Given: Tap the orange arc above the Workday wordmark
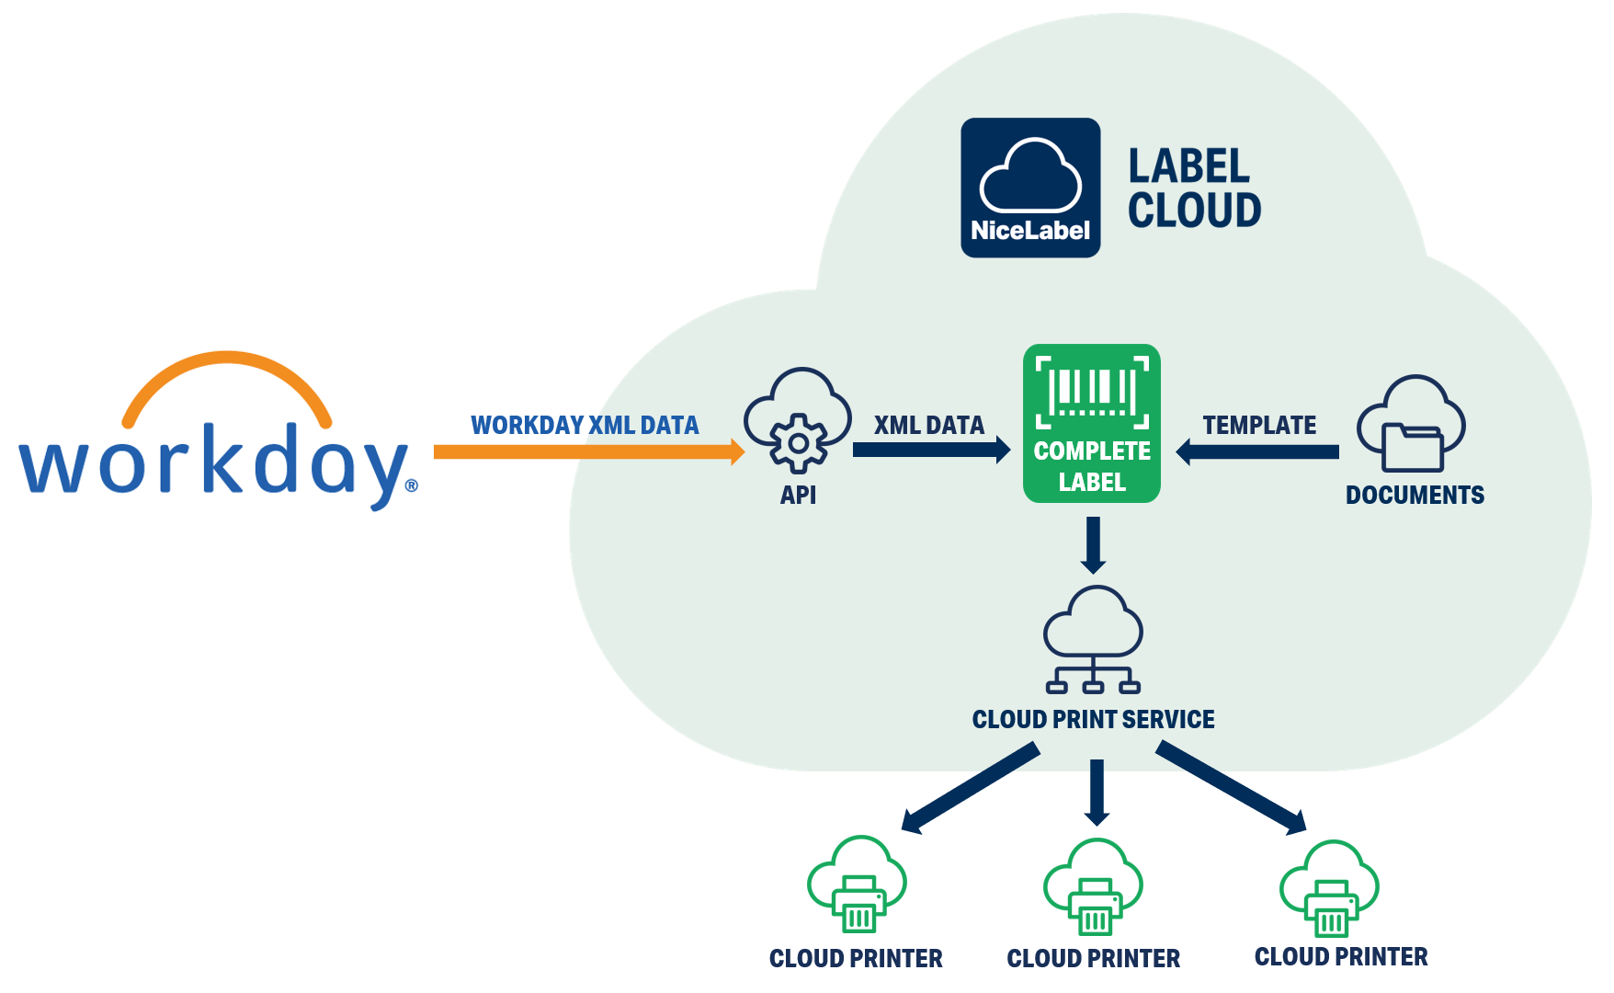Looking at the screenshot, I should pos(226,368).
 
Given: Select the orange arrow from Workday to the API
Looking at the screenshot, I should pos(588,451).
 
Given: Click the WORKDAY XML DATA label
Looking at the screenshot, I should pos(585,425).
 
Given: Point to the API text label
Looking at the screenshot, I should pos(798,496).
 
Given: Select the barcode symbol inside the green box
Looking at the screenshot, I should pos(1092,392).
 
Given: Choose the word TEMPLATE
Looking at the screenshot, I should pos(1259,425).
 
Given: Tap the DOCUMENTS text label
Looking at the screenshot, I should pos(1415,496).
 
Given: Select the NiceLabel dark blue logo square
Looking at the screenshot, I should pos(1030,188).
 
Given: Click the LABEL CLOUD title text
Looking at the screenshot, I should pos(1194,188).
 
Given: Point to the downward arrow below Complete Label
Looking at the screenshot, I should pos(1093,545).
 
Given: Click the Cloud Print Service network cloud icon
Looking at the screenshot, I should pos(1093,639).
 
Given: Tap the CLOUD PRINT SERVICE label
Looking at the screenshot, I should pos(1093,719).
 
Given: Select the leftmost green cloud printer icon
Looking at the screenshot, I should pos(857,885).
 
